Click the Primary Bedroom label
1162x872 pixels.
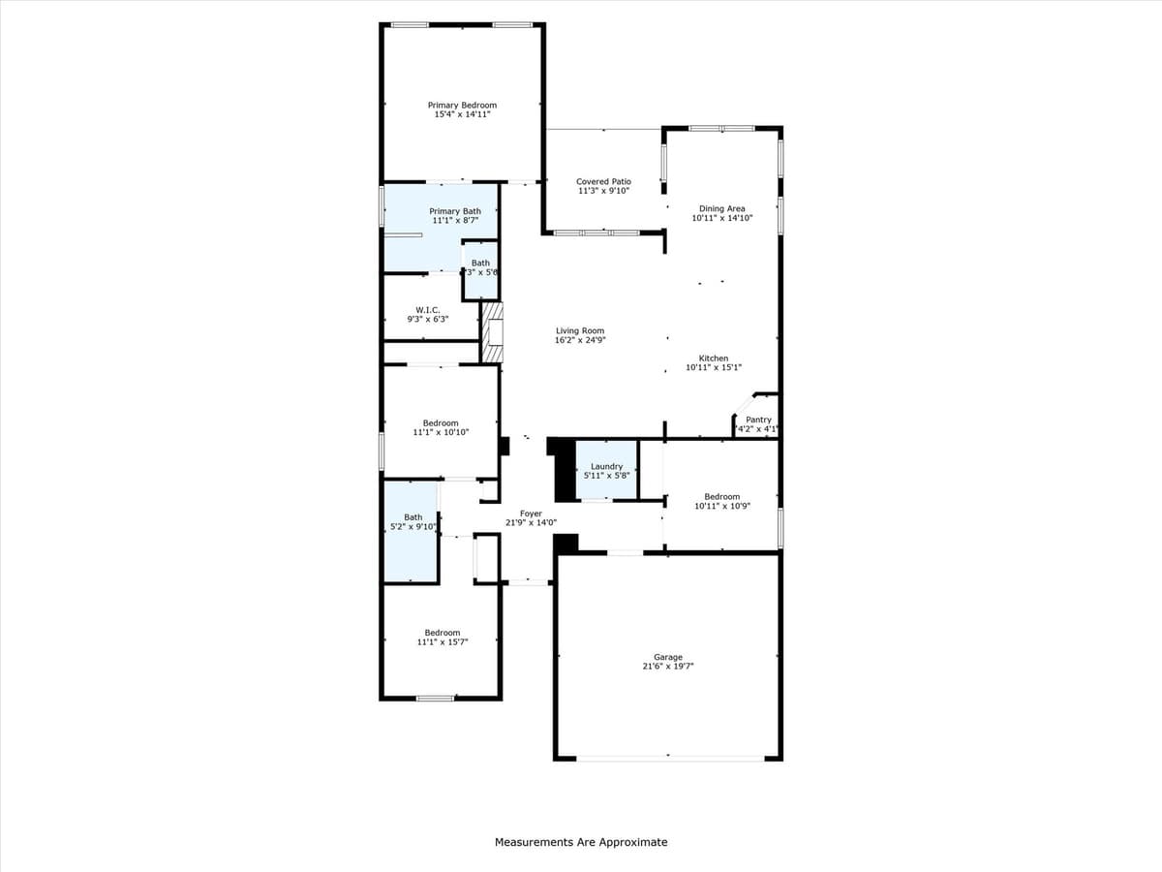[x=462, y=105]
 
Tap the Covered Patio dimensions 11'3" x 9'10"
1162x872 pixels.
[x=603, y=191]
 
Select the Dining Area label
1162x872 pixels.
[x=722, y=208]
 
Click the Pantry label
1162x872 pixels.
[x=758, y=420]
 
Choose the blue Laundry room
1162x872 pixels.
[x=607, y=470]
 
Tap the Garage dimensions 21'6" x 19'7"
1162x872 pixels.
[x=667, y=667]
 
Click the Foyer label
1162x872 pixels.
[x=531, y=514]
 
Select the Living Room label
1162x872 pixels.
[x=580, y=330]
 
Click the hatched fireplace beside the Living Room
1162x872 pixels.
[x=494, y=332]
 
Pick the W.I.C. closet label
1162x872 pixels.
[x=427, y=310]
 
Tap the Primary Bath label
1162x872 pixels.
[x=455, y=211]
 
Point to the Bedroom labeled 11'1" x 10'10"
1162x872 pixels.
[x=441, y=422]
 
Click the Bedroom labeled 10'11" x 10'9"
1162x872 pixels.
[x=721, y=497]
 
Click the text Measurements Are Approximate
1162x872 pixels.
[x=581, y=842]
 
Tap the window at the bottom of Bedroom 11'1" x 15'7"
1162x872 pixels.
[x=435, y=698]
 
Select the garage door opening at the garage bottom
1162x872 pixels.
[x=668, y=758]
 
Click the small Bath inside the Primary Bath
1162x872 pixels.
[x=480, y=266]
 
